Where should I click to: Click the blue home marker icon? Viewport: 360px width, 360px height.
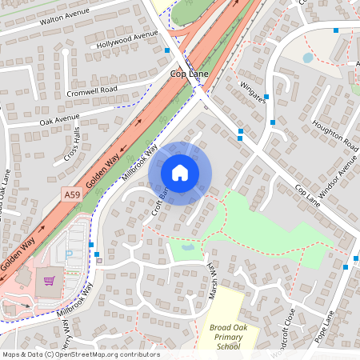tap(180, 172)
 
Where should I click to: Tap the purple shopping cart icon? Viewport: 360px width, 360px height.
tap(49, 282)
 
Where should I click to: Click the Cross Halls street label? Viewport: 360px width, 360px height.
tap(72, 146)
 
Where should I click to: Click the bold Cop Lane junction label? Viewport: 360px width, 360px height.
tap(189, 74)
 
